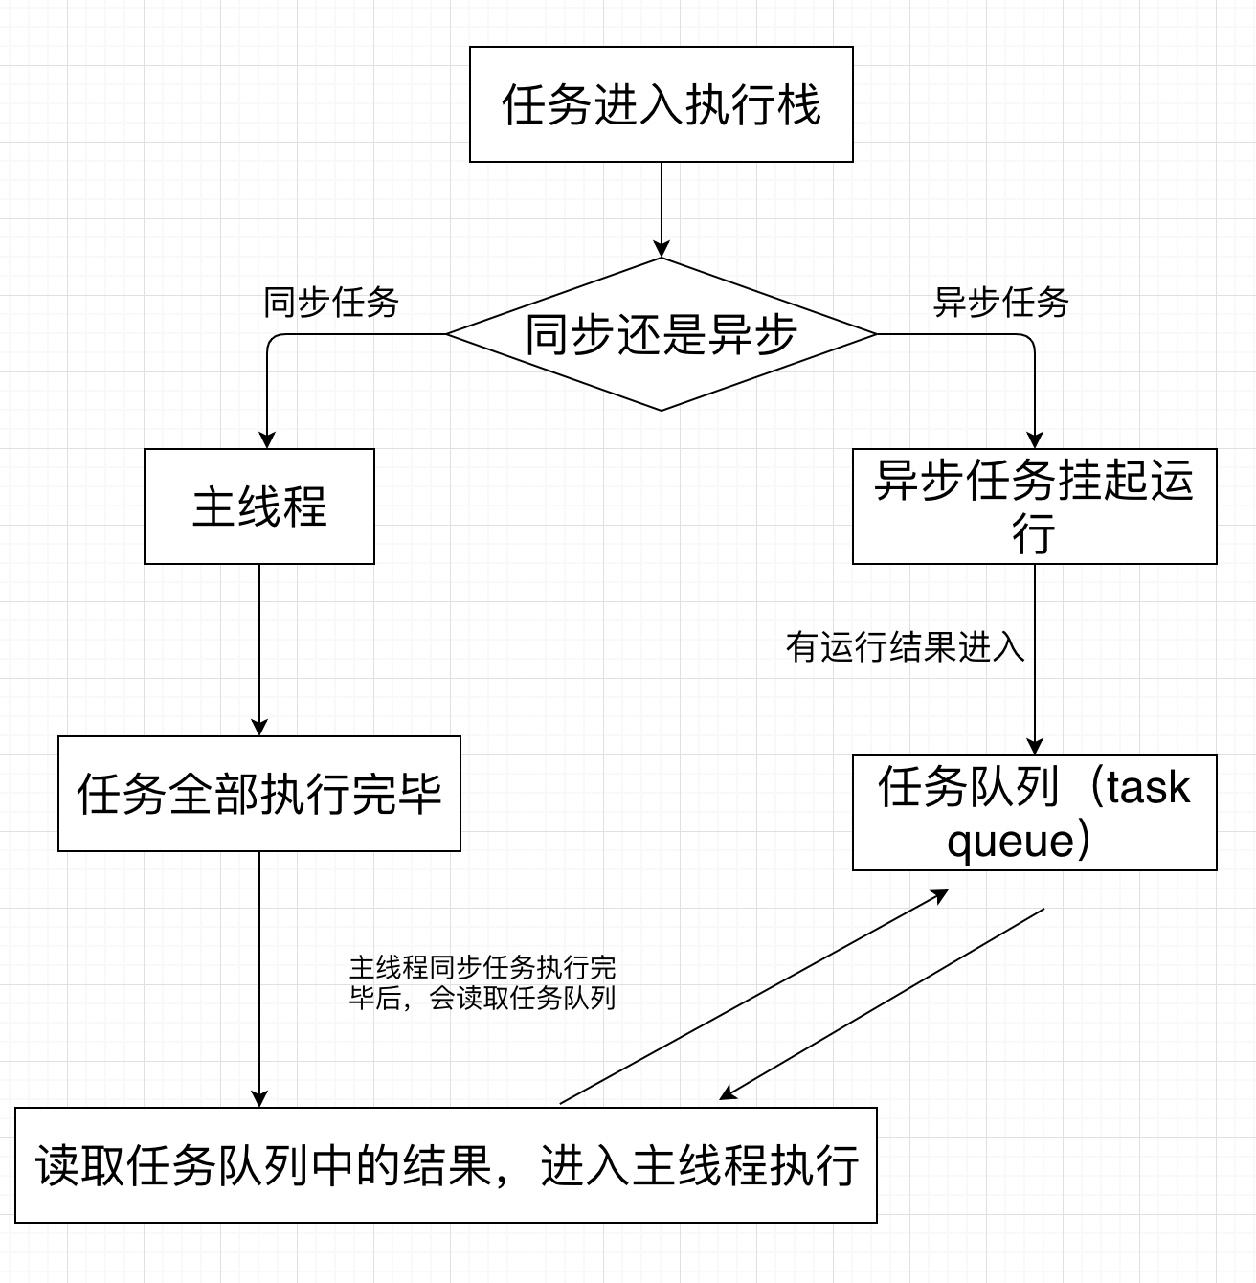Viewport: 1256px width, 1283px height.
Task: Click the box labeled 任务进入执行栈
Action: click(x=661, y=104)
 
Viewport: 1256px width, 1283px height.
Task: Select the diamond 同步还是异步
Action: click(x=661, y=334)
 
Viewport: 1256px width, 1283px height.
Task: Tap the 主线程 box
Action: click(x=258, y=506)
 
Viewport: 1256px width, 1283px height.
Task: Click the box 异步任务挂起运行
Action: click(x=1034, y=506)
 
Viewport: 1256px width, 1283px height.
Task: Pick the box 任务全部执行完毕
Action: click(x=258, y=794)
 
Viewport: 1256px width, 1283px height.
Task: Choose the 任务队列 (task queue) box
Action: click(x=1034, y=813)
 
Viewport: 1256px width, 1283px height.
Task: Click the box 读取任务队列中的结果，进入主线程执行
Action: click(x=446, y=1165)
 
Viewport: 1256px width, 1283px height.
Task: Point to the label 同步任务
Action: click(x=331, y=303)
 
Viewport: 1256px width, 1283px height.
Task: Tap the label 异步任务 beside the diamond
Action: click(x=1000, y=303)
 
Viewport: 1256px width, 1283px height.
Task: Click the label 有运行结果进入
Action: click(x=905, y=647)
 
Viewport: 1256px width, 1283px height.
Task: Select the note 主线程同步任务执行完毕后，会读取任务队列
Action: click(x=482, y=982)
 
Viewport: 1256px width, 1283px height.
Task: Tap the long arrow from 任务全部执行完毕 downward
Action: click(x=258, y=977)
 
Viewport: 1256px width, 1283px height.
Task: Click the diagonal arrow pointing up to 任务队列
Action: click(x=754, y=997)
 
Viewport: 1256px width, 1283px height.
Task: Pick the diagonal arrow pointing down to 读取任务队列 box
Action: click(x=881, y=1003)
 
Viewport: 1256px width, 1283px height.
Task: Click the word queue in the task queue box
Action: click(x=1011, y=842)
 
